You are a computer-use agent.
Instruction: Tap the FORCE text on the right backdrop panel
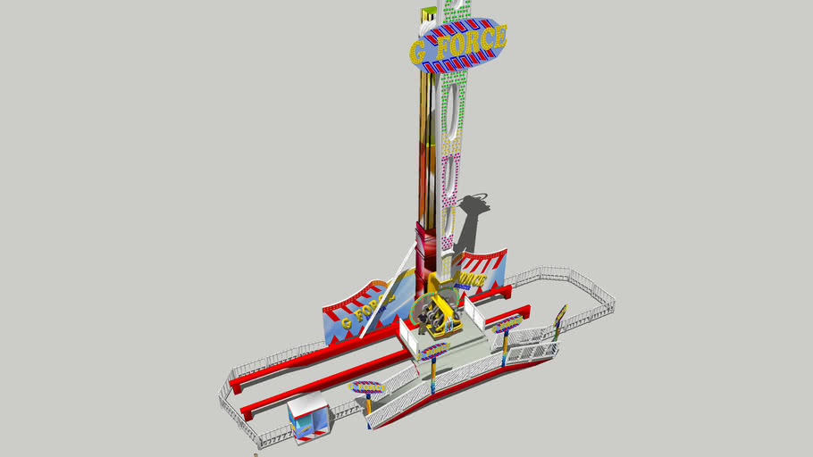click(x=472, y=279)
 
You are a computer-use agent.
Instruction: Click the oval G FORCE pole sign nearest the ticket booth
click(x=367, y=387)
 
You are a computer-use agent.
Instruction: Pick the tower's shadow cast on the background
click(x=469, y=223)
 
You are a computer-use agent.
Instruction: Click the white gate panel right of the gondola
click(x=473, y=308)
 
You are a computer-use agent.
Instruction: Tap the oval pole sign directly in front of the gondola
click(x=435, y=351)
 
